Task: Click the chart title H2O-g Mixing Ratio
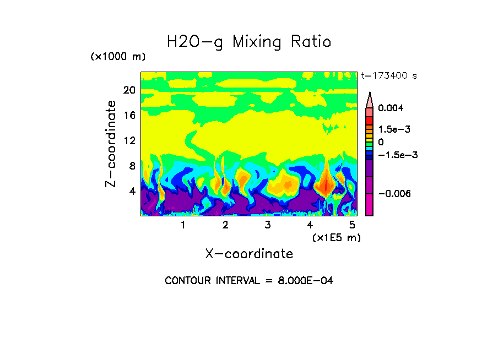coord(249,42)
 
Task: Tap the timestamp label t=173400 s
coord(389,75)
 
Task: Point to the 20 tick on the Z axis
coord(129,90)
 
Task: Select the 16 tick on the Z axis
coord(129,116)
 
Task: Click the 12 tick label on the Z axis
coord(129,141)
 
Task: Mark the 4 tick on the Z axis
coord(132,192)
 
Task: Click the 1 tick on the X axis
coord(183,225)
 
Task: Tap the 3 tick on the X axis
coord(267,225)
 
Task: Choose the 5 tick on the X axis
coord(352,225)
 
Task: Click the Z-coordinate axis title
coord(111,144)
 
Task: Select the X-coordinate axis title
coord(249,254)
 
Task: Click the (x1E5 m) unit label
coord(337,237)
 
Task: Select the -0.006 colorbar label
coord(396,194)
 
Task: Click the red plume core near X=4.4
coord(326,186)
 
